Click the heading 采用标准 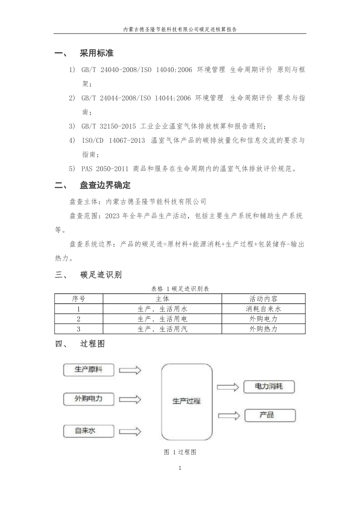coord(97,53)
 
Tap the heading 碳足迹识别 coord(101,275)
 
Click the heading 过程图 coord(92,344)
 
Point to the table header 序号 coord(78,299)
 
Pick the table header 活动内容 coord(263,299)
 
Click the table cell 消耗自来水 coord(263,309)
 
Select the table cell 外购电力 coord(263,319)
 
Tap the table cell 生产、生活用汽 coord(162,329)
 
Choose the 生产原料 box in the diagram coord(88,370)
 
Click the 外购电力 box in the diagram coord(88,399)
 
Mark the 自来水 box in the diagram coord(86,431)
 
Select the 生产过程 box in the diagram coord(186,401)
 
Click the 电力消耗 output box coord(269,387)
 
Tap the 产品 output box coord(269,415)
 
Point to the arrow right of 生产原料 coord(130,370)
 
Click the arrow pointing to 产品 coord(228,415)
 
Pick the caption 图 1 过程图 coord(180,452)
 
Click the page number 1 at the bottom coord(180,468)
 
